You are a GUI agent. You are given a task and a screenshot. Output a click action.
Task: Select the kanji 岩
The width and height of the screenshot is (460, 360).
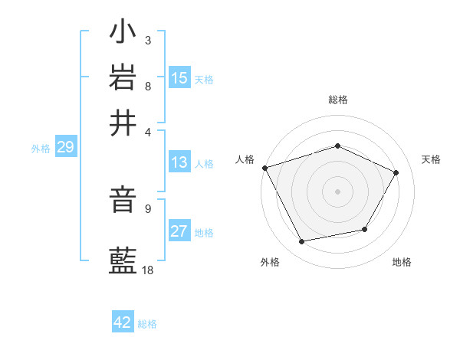pyautogui.click(x=123, y=77)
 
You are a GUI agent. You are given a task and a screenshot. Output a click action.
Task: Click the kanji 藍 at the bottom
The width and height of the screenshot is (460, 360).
pyautogui.click(x=123, y=261)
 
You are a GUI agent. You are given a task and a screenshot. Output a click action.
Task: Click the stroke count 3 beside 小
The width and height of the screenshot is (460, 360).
pyautogui.click(x=147, y=40)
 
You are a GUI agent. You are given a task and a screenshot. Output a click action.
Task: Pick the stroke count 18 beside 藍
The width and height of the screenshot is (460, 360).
pyautogui.click(x=149, y=270)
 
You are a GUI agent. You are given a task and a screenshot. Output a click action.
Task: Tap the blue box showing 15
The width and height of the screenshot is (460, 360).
pyautogui.click(x=179, y=78)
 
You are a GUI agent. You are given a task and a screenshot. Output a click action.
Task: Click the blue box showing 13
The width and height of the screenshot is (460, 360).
pyautogui.click(x=179, y=162)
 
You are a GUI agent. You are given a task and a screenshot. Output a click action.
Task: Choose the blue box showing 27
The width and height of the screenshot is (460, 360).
pyautogui.click(x=179, y=231)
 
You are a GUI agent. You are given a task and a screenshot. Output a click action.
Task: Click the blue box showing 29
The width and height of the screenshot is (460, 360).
pyautogui.click(x=65, y=148)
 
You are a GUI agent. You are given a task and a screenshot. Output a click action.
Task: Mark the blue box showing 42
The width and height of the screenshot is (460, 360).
pyautogui.click(x=123, y=322)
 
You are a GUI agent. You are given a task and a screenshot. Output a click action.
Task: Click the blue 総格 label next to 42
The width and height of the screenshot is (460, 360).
pyautogui.click(x=147, y=324)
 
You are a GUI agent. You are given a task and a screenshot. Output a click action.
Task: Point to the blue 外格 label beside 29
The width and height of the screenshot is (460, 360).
pyautogui.click(x=41, y=149)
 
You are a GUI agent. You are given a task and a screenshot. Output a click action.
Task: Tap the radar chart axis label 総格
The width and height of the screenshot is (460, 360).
pyautogui.click(x=338, y=100)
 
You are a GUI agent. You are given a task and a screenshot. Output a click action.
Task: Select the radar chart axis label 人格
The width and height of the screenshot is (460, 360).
pyautogui.click(x=245, y=159)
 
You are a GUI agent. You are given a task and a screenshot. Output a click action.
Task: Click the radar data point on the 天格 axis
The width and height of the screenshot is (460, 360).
pyautogui.click(x=396, y=172)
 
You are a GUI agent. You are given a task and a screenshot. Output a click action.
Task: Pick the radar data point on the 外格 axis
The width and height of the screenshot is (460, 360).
pyautogui.click(x=301, y=242)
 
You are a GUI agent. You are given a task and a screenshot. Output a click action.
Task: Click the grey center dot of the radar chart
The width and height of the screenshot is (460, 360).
pyautogui.click(x=338, y=191)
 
